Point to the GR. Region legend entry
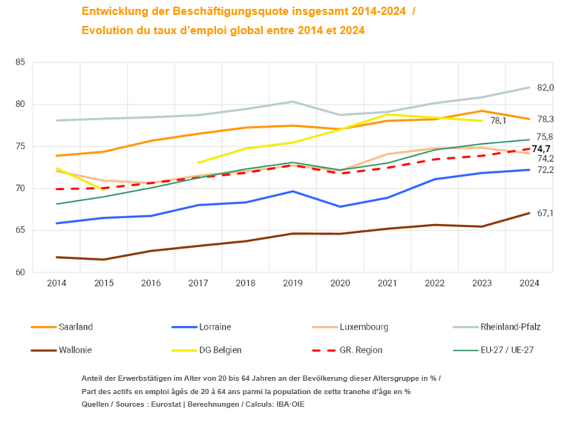(x=362, y=350)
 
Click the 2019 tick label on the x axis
(x=292, y=283)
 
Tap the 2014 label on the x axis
(x=57, y=283)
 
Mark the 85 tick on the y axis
(x=21, y=62)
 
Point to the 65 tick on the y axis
(x=21, y=231)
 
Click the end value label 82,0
(x=545, y=88)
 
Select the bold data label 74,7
(x=541, y=149)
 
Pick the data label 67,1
(x=545, y=213)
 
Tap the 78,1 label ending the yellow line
(x=499, y=121)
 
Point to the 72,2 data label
(x=545, y=170)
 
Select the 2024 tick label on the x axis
(x=528, y=283)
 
